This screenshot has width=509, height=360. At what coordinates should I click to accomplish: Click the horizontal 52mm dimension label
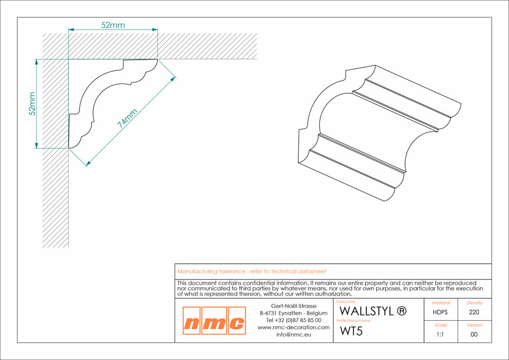click(112, 25)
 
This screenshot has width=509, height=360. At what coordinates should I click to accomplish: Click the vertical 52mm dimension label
click(32, 104)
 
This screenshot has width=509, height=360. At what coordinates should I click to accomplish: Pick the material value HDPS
click(440, 312)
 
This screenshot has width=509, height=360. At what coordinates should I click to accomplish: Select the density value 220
click(473, 312)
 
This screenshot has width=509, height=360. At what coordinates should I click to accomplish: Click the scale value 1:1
click(440, 335)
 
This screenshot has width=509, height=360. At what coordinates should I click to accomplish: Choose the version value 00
click(473, 335)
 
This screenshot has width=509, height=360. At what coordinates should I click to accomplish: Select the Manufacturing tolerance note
click(251, 272)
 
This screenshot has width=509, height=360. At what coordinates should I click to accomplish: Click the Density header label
click(473, 302)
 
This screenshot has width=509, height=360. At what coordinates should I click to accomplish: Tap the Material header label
click(440, 302)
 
